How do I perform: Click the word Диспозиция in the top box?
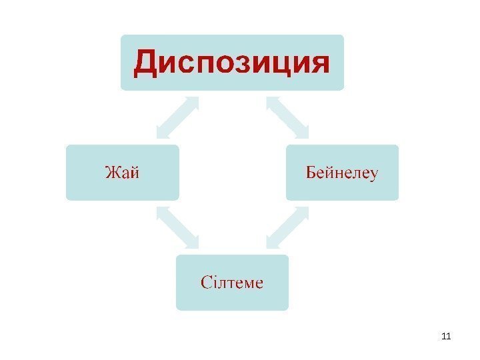point(232,63)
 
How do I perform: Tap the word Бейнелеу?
point(342,173)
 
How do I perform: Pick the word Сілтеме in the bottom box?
point(232,283)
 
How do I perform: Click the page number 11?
point(447,335)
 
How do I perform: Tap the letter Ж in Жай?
point(111,173)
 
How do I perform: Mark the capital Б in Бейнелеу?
point(311,173)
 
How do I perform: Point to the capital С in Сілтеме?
point(205,283)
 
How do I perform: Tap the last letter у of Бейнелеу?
point(373,175)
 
